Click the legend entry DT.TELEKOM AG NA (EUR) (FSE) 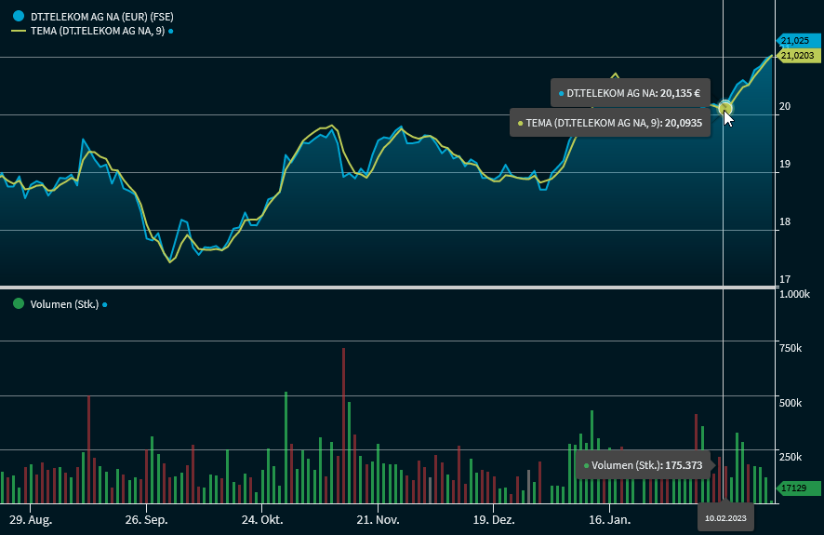[101, 16]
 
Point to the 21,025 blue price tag [796, 41]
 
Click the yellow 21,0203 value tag [798, 56]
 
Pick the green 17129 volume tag [796, 488]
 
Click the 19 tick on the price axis [785, 165]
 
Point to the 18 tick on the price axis [785, 221]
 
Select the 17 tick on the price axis [785, 279]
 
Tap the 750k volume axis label [791, 348]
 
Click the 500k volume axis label [791, 403]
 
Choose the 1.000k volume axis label [794, 294]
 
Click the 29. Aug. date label [30, 518]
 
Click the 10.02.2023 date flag [725, 517]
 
